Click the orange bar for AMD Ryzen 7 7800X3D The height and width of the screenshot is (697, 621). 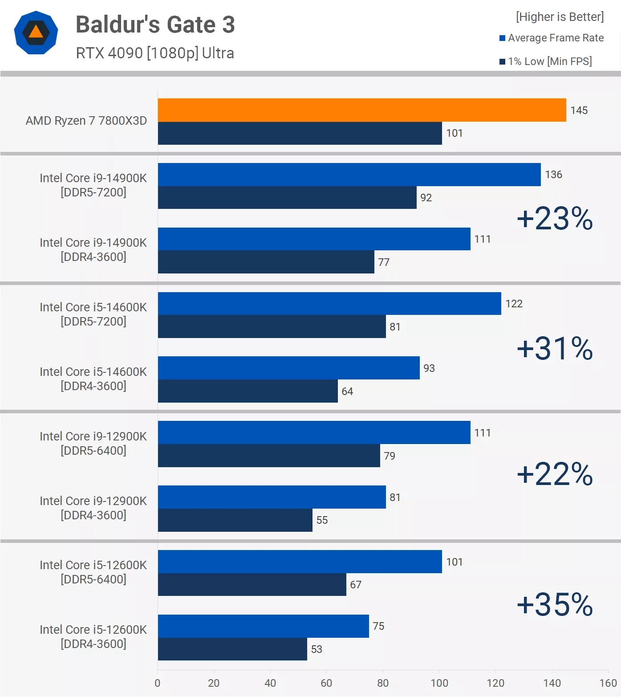[361, 110]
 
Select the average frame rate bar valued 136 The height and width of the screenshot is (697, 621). [349, 175]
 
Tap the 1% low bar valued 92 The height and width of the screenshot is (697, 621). [287, 198]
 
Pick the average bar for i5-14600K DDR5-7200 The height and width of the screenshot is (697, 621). [329, 304]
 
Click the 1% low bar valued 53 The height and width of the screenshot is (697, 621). [232, 649]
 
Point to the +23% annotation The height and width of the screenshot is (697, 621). [555, 219]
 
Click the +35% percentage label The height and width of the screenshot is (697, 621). [555, 604]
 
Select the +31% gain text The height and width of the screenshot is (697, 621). [555, 348]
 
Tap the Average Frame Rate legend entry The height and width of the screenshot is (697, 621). [552, 38]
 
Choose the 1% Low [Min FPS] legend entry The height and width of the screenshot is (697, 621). [546, 61]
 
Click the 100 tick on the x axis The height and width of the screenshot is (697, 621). [439, 683]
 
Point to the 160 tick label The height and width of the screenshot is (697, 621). [608, 683]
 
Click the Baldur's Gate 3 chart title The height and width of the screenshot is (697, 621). [155, 24]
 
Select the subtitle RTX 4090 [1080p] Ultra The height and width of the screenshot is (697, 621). [155, 53]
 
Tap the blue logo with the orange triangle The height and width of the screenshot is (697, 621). [36, 33]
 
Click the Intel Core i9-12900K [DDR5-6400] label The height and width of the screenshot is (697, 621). [93, 444]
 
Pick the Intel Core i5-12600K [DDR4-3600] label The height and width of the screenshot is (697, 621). [93, 637]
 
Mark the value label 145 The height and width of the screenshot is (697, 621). [579, 110]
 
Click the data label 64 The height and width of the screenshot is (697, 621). [347, 391]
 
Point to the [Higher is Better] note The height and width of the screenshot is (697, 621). [560, 17]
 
